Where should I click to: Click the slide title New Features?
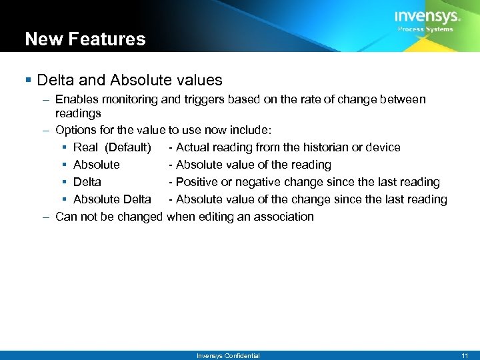coord(85,39)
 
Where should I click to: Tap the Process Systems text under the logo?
coord(425,29)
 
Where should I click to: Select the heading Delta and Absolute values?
coord(129,80)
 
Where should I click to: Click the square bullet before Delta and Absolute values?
coord(29,81)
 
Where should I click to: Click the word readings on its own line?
coord(78,113)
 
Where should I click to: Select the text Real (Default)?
coord(112,147)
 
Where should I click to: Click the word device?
coord(384,147)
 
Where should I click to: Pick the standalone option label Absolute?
coord(97,165)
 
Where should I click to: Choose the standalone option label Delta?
coord(87,182)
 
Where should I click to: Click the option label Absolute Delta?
coord(112,199)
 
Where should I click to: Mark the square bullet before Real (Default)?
coord(65,147)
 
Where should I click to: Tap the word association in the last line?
coord(283,217)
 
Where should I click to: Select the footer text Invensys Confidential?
coord(228,356)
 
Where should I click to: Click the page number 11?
coord(465,356)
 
